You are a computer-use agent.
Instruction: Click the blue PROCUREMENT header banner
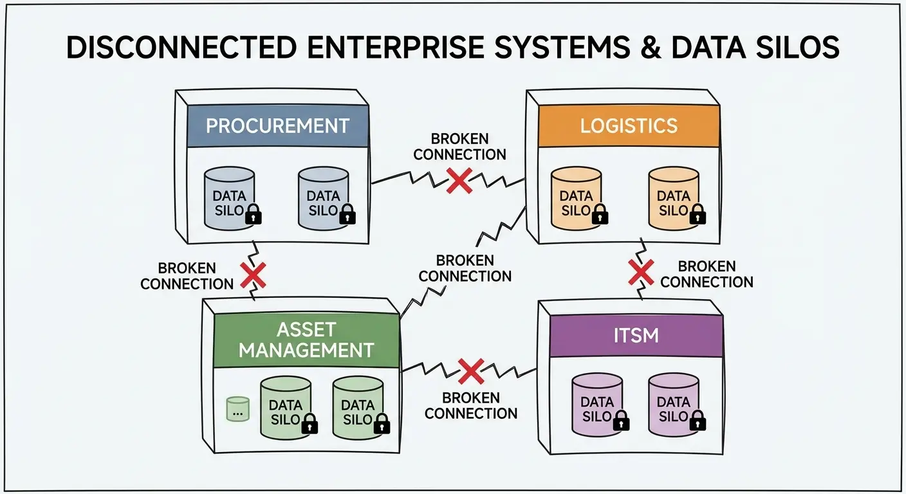(278, 125)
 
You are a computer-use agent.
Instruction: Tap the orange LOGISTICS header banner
(629, 125)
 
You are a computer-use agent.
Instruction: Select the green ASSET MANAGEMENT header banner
(306, 340)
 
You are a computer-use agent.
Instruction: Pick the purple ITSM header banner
(636, 336)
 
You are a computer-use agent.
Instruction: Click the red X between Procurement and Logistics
(459, 180)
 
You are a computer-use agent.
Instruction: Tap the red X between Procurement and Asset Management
(253, 275)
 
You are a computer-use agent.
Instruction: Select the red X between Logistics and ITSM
(641, 273)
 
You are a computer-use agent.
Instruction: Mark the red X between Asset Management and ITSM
(471, 371)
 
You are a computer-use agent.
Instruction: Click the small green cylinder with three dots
(238, 409)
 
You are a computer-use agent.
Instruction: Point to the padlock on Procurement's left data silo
(254, 214)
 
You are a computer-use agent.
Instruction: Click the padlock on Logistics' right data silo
(698, 214)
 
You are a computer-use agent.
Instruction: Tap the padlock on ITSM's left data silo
(621, 421)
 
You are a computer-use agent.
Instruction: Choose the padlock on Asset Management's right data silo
(382, 424)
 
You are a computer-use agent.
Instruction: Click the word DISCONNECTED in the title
(181, 48)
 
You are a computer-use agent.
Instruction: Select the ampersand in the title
(651, 48)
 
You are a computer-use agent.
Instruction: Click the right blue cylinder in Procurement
(324, 199)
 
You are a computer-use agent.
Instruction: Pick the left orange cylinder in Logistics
(577, 199)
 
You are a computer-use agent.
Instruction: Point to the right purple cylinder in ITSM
(674, 405)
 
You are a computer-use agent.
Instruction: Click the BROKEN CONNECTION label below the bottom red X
(471, 406)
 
